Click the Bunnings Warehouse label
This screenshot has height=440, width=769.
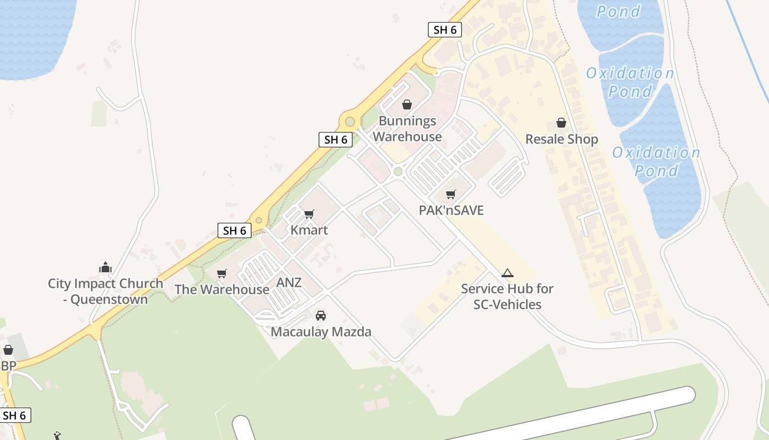(407, 129)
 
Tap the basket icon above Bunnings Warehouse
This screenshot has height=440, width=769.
(407, 105)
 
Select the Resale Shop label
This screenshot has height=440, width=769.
(561, 139)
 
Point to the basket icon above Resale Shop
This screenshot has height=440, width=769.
(561, 122)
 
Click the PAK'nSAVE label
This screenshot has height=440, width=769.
(451, 210)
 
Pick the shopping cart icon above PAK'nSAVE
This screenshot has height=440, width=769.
(451, 194)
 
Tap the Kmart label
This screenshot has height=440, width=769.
(309, 230)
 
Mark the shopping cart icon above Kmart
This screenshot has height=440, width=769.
(309, 214)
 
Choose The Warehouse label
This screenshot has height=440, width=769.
(222, 289)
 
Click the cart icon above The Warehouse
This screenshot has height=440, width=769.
(222, 273)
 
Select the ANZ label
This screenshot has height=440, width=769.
(289, 283)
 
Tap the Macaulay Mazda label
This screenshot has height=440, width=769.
(321, 332)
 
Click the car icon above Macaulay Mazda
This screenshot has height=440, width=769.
(321, 316)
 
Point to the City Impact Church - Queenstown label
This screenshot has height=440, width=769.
(105, 291)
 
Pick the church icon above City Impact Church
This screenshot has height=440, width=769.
(105, 268)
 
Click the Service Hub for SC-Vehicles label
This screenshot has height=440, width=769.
(507, 296)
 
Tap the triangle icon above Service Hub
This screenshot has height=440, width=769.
(507, 273)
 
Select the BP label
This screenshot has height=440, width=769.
(8, 366)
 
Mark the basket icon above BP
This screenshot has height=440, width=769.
(8, 350)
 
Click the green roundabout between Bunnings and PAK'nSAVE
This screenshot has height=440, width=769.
(398, 172)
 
